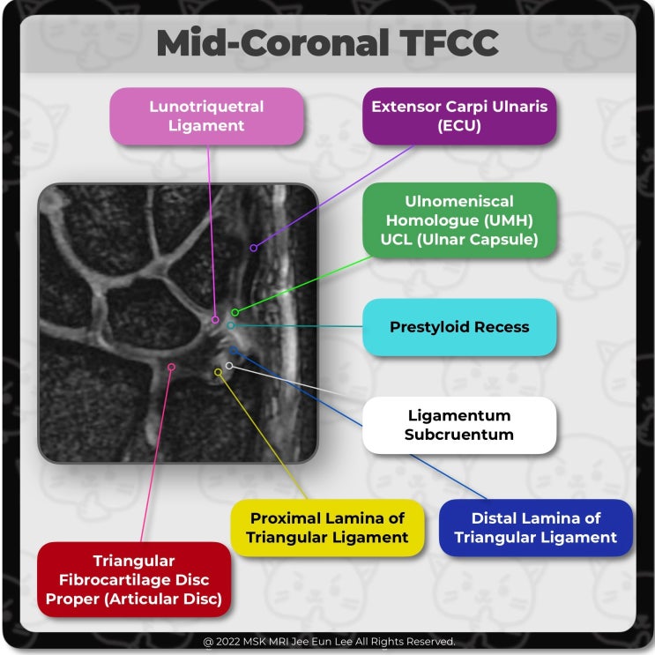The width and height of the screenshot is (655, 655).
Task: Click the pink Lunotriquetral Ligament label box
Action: [206, 115]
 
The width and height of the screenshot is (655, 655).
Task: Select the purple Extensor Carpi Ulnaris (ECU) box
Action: [459, 115]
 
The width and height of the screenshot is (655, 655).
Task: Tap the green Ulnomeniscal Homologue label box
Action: [459, 220]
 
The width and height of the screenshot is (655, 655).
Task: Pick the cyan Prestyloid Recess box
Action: [459, 327]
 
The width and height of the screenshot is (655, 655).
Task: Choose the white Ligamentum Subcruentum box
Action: [459, 425]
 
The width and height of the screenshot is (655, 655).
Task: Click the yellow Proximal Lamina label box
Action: [327, 527]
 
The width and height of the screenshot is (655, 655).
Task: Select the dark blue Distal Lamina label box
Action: [536, 527]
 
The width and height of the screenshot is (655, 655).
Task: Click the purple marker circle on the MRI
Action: [253, 248]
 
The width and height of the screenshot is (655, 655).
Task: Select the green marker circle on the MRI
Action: [234, 312]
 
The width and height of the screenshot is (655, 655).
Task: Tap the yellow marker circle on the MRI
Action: [219, 372]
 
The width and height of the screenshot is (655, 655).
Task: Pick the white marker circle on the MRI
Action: [229, 365]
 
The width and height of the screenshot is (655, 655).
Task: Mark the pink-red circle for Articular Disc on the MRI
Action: [171, 366]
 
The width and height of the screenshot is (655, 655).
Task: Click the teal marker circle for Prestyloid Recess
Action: [230, 325]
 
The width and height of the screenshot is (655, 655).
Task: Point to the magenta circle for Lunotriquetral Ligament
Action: [216, 319]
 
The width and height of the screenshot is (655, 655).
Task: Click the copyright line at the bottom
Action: [328, 642]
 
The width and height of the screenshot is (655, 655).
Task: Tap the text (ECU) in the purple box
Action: [459, 125]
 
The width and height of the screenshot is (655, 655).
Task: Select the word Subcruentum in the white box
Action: [459, 435]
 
